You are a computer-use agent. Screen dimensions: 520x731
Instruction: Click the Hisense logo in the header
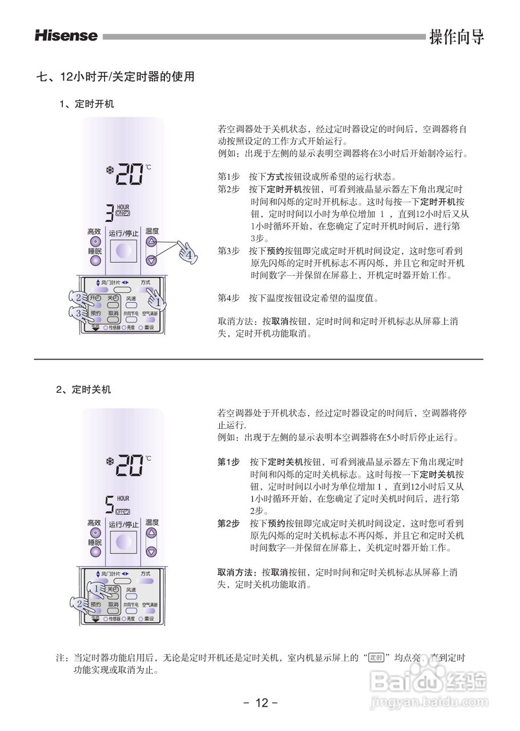(66, 35)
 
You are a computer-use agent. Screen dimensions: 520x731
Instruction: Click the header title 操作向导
(457, 36)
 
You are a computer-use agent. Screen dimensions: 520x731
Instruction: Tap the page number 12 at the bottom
(261, 702)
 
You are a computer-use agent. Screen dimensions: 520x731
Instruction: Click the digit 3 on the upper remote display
(109, 213)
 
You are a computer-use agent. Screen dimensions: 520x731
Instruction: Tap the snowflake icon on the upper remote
(109, 170)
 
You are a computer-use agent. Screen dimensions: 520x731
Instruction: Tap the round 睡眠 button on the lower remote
(95, 552)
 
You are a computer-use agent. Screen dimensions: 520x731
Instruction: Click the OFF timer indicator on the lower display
(123, 511)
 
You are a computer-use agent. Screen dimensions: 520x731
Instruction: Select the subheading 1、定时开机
(87, 104)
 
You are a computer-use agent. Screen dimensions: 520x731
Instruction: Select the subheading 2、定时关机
(83, 389)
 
